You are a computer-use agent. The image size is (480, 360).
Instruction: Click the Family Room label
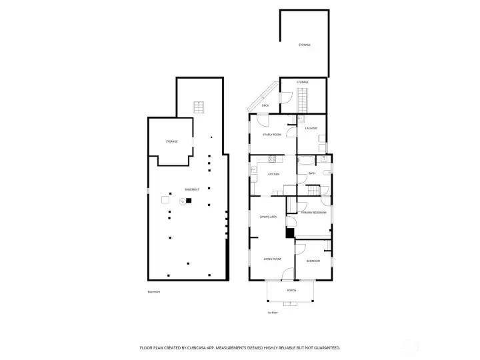pyautogui.click(x=273, y=134)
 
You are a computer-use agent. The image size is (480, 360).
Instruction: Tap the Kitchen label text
pyautogui.click(x=273, y=174)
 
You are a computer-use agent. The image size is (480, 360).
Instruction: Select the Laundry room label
pyautogui.click(x=311, y=128)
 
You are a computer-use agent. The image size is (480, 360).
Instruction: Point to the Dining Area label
pyautogui.click(x=268, y=217)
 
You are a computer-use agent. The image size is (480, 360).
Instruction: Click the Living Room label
pyautogui.click(x=271, y=259)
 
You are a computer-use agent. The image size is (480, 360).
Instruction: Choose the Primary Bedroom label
pyautogui.click(x=313, y=212)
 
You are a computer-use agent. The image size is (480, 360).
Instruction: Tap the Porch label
pyautogui.click(x=291, y=291)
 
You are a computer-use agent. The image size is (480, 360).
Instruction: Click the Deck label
pyautogui.click(x=265, y=105)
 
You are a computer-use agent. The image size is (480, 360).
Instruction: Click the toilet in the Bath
pyautogui.click(x=326, y=173)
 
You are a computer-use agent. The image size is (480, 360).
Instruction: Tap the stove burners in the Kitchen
pyautogui.click(x=272, y=159)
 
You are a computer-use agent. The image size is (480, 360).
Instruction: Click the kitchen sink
pyautogui.click(x=253, y=171)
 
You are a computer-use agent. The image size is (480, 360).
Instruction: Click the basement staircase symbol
pyautogui.click(x=198, y=107)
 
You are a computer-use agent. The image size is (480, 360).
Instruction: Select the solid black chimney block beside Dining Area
pyautogui.click(x=289, y=233)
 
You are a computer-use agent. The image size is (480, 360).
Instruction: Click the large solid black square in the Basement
pyautogui.click(x=189, y=200)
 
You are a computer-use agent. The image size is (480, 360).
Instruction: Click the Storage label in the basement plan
pyautogui.click(x=172, y=141)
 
